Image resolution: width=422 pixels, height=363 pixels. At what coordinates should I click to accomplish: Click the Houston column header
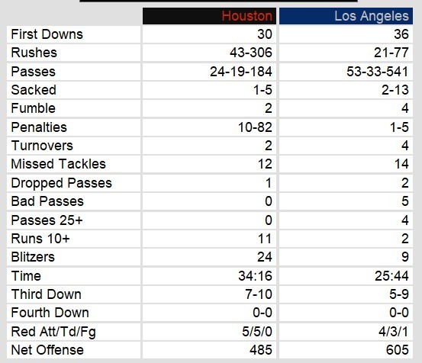click(246, 16)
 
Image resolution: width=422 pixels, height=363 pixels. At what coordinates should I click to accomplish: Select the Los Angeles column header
click(372, 16)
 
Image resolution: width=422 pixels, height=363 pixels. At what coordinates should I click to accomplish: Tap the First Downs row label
click(47, 34)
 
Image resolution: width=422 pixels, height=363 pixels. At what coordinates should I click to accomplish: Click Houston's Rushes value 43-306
click(251, 53)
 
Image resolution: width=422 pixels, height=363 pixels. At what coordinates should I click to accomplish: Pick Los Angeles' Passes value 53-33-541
click(378, 72)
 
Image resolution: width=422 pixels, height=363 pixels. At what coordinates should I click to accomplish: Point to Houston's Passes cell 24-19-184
click(241, 72)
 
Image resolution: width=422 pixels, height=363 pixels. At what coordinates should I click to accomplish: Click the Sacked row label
click(34, 90)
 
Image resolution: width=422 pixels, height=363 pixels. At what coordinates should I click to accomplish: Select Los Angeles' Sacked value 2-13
click(395, 90)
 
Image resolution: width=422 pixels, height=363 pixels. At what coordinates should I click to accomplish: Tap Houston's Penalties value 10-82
click(255, 127)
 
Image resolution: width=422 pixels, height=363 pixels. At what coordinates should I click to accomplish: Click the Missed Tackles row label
click(59, 164)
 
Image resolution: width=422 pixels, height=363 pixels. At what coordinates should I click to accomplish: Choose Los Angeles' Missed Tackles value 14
click(401, 164)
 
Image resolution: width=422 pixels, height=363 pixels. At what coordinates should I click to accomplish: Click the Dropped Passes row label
click(61, 183)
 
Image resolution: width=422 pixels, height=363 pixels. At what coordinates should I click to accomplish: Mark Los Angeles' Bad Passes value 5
click(405, 201)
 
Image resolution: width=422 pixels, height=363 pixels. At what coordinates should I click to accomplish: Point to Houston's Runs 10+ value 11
click(265, 239)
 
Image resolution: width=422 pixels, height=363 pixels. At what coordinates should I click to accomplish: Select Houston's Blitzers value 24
click(265, 257)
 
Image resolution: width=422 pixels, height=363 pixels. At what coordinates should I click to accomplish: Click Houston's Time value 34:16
click(255, 276)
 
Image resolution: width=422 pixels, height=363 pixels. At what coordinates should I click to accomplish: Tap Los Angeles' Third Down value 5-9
click(399, 294)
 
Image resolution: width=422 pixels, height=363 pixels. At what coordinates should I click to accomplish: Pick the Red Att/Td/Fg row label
click(53, 332)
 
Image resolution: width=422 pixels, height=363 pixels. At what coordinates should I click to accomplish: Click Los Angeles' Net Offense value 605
click(398, 350)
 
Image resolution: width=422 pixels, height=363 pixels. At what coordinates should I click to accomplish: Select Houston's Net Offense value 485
click(261, 350)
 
